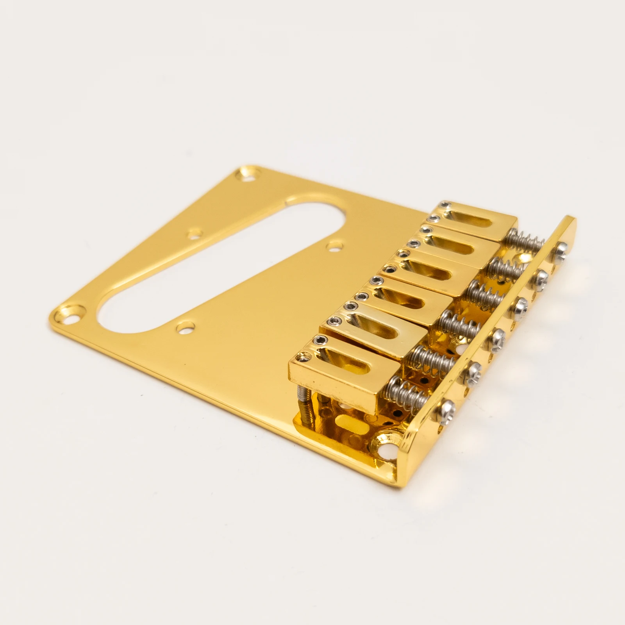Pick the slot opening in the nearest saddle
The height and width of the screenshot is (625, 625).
[344, 363]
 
